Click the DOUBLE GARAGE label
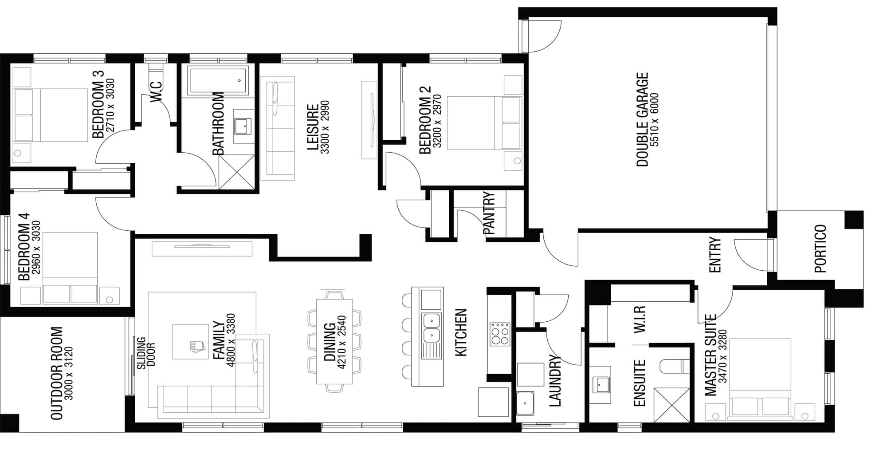[x=642, y=120]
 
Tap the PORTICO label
[x=821, y=249]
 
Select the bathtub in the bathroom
[x=218, y=81]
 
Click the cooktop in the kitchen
[x=500, y=334]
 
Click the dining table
[x=334, y=341]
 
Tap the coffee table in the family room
[x=190, y=342]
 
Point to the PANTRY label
[x=489, y=213]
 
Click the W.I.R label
[x=640, y=319]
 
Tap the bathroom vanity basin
[x=243, y=126]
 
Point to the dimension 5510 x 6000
[x=654, y=120]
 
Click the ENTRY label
[x=715, y=255]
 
